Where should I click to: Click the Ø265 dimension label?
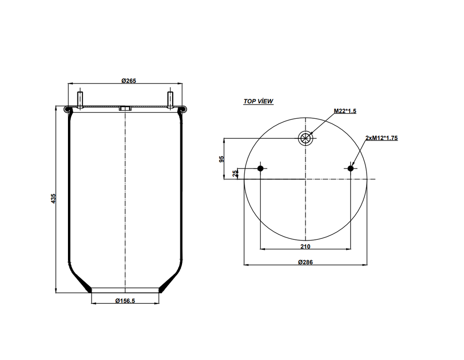coord(129,81)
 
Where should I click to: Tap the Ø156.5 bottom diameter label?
coord(125,301)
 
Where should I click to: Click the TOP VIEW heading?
coord(258,101)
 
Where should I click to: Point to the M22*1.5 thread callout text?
coord(345,111)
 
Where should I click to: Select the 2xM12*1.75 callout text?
coord(381,138)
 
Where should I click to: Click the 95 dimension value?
coord(222,159)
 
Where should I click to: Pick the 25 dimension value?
coord(235,174)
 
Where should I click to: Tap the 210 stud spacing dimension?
coord(305,246)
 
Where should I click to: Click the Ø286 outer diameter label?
coord(305,262)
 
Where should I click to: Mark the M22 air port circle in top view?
coord(305,138)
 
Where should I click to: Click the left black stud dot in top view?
coord(261,169)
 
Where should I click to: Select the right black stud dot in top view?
coord(350,169)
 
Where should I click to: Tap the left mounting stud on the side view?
coord(80,100)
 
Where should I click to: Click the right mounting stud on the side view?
coord(170,100)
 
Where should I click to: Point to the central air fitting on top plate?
coord(125,109)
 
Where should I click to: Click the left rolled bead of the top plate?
coord(68,109)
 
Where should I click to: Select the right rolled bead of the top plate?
coord(182,109)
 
